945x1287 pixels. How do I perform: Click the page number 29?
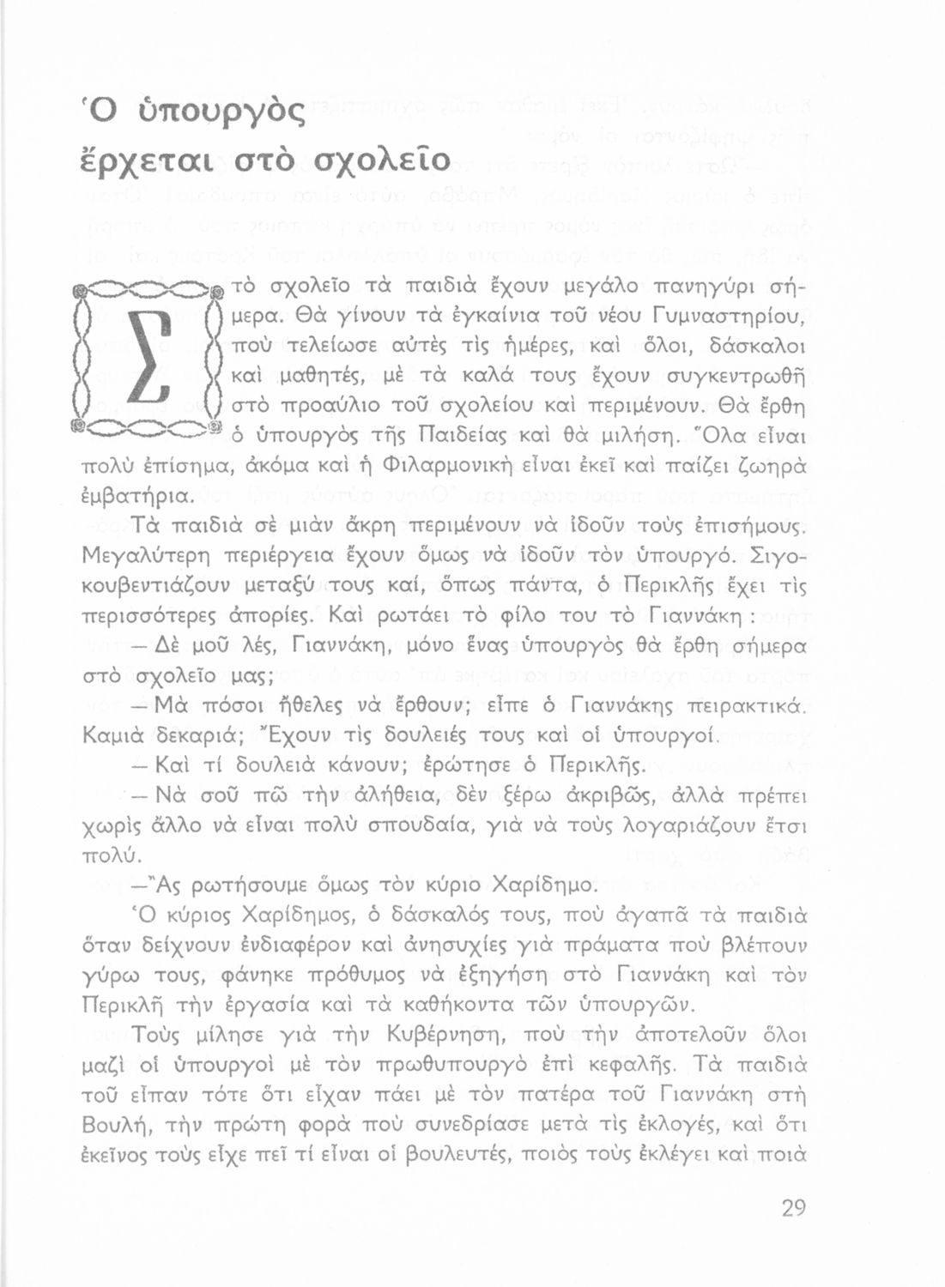tap(793, 1207)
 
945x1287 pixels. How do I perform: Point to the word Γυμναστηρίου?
tap(730, 317)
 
